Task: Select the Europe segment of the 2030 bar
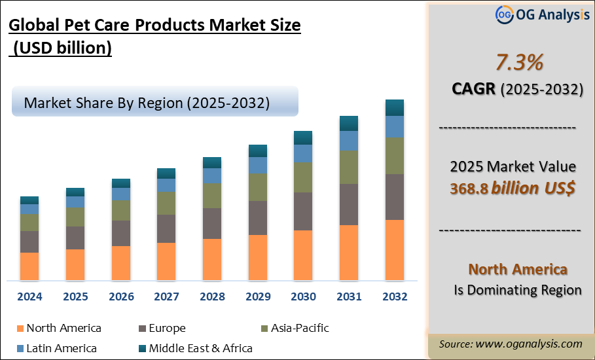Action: pos(303,211)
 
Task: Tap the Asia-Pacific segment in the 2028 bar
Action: pos(212,195)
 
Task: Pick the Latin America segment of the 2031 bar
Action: pos(349,140)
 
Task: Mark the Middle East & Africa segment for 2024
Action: pos(29,200)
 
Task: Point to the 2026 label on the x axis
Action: pos(121,297)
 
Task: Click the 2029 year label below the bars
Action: pos(258,297)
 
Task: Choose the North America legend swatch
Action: pos(20,329)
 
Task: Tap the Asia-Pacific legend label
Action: pos(300,328)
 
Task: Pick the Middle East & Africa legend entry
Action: pos(200,348)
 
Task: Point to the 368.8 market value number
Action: pos(468,189)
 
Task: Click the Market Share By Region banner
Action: pos(154,102)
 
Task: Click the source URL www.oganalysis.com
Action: pos(529,344)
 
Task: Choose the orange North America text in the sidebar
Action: pos(518,269)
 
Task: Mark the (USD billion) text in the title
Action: pos(63,48)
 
